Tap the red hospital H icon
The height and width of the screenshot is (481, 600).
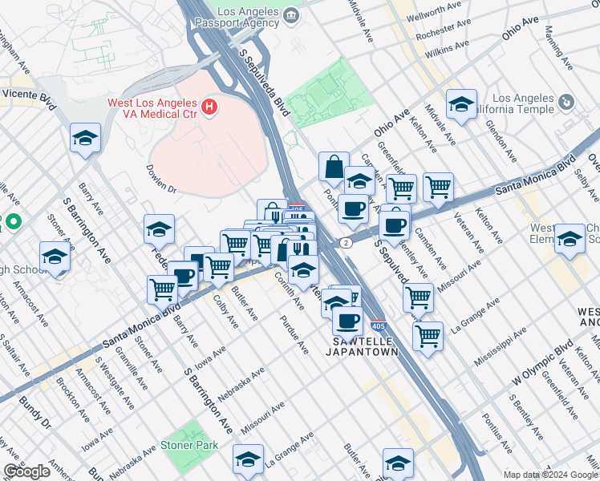[210, 105]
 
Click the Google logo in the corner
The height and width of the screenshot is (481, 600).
[27, 471]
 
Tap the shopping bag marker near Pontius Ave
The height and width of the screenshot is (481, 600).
[334, 168]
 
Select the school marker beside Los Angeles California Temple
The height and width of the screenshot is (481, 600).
[462, 105]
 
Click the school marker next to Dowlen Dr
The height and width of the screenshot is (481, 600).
[160, 230]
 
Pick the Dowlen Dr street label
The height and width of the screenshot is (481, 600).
[161, 180]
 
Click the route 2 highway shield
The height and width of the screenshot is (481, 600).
[346, 242]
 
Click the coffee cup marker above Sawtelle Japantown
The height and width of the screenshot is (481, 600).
[347, 321]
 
